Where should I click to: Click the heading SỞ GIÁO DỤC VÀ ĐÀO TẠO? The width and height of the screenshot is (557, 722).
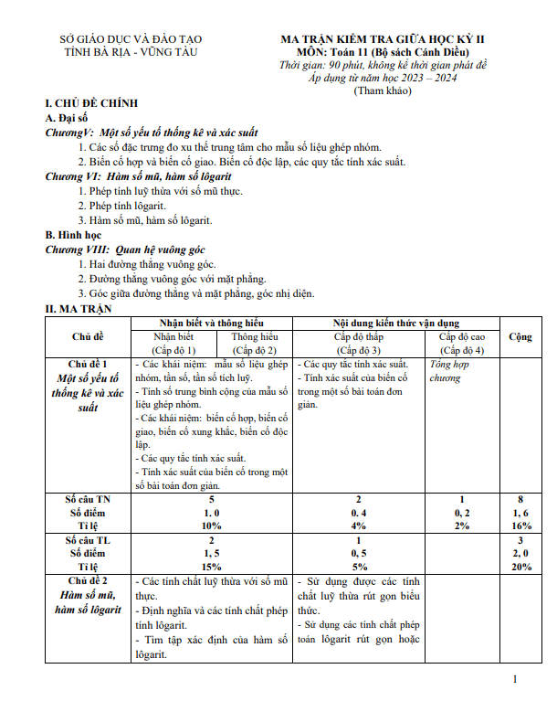pyautogui.click(x=131, y=40)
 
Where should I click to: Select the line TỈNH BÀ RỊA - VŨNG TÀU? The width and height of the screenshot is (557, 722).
pyautogui.click(x=131, y=54)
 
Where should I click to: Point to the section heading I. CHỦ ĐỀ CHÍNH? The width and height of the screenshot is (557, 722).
pyautogui.click(x=83, y=106)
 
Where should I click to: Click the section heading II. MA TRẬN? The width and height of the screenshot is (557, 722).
pyautogui.click(x=77, y=308)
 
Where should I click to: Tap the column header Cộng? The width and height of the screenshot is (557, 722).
pyautogui.click(x=520, y=336)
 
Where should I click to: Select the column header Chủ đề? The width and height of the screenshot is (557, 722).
pyautogui.click(x=87, y=336)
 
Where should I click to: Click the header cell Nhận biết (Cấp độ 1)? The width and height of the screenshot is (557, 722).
pyautogui.click(x=173, y=343)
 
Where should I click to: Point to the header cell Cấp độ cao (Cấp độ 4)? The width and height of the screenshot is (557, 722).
pyautogui.click(x=461, y=343)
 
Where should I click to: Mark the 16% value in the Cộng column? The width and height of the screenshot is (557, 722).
pyautogui.click(x=520, y=526)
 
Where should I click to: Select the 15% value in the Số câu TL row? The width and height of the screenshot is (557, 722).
pyautogui.click(x=212, y=567)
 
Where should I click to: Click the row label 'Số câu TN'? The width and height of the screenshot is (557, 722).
pyautogui.click(x=88, y=500)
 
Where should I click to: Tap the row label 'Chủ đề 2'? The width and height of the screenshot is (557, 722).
pyautogui.click(x=87, y=581)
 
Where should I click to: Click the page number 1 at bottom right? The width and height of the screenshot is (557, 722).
pyautogui.click(x=516, y=678)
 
